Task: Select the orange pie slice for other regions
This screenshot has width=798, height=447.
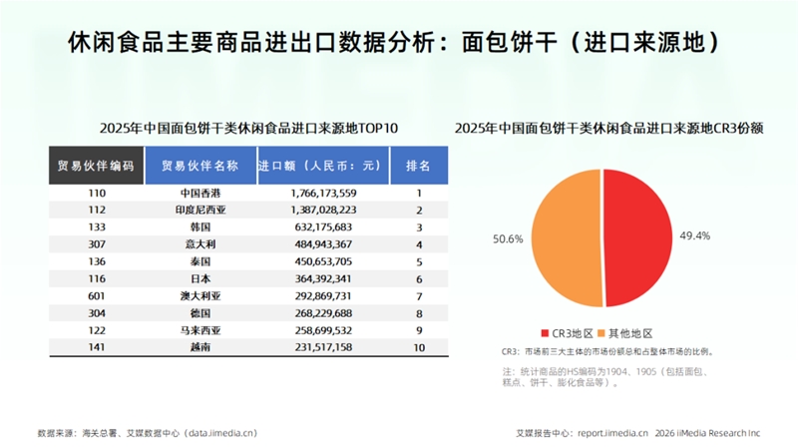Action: point(566,237)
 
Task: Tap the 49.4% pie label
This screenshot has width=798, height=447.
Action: point(694,235)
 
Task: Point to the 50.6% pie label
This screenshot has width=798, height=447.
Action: point(508,238)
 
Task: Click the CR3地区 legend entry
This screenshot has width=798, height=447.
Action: point(568,333)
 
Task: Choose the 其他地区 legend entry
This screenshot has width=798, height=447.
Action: point(625,333)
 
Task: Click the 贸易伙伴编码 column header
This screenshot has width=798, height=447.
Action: point(96,166)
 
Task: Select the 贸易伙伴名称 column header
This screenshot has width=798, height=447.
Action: point(200,166)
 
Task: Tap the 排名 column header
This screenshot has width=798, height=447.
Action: point(419,166)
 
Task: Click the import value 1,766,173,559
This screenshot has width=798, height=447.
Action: point(323,193)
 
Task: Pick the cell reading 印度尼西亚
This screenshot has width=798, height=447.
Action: point(200,210)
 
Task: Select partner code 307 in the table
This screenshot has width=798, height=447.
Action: point(97,244)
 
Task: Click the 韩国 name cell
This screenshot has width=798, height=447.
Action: point(200,227)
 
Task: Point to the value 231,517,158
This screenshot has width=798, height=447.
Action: point(323,347)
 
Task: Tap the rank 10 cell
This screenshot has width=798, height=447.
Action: point(419,347)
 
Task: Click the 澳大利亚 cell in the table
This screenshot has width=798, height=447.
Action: point(200,295)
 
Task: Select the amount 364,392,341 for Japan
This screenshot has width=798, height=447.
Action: point(323,279)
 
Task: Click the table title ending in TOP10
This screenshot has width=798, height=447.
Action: point(248,128)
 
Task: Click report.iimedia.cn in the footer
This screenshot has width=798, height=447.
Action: point(612,433)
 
